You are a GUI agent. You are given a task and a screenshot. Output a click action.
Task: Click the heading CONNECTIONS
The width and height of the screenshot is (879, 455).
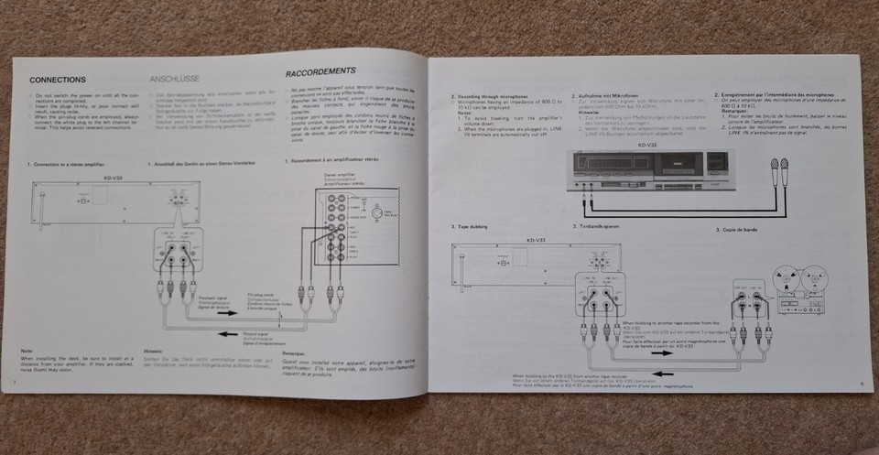point(57,80)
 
